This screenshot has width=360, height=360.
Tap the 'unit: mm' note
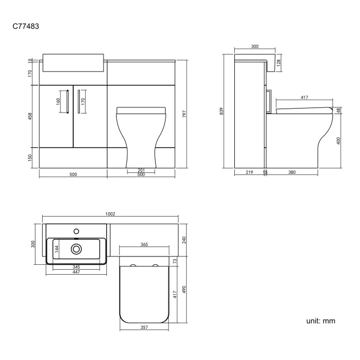[x=320, y=321]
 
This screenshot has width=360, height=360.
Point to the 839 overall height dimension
[x=222, y=111]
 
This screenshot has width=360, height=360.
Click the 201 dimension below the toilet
[x=141, y=169]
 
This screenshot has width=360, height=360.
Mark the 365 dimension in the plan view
[x=143, y=244]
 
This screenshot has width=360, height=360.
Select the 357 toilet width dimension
[x=143, y=328]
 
